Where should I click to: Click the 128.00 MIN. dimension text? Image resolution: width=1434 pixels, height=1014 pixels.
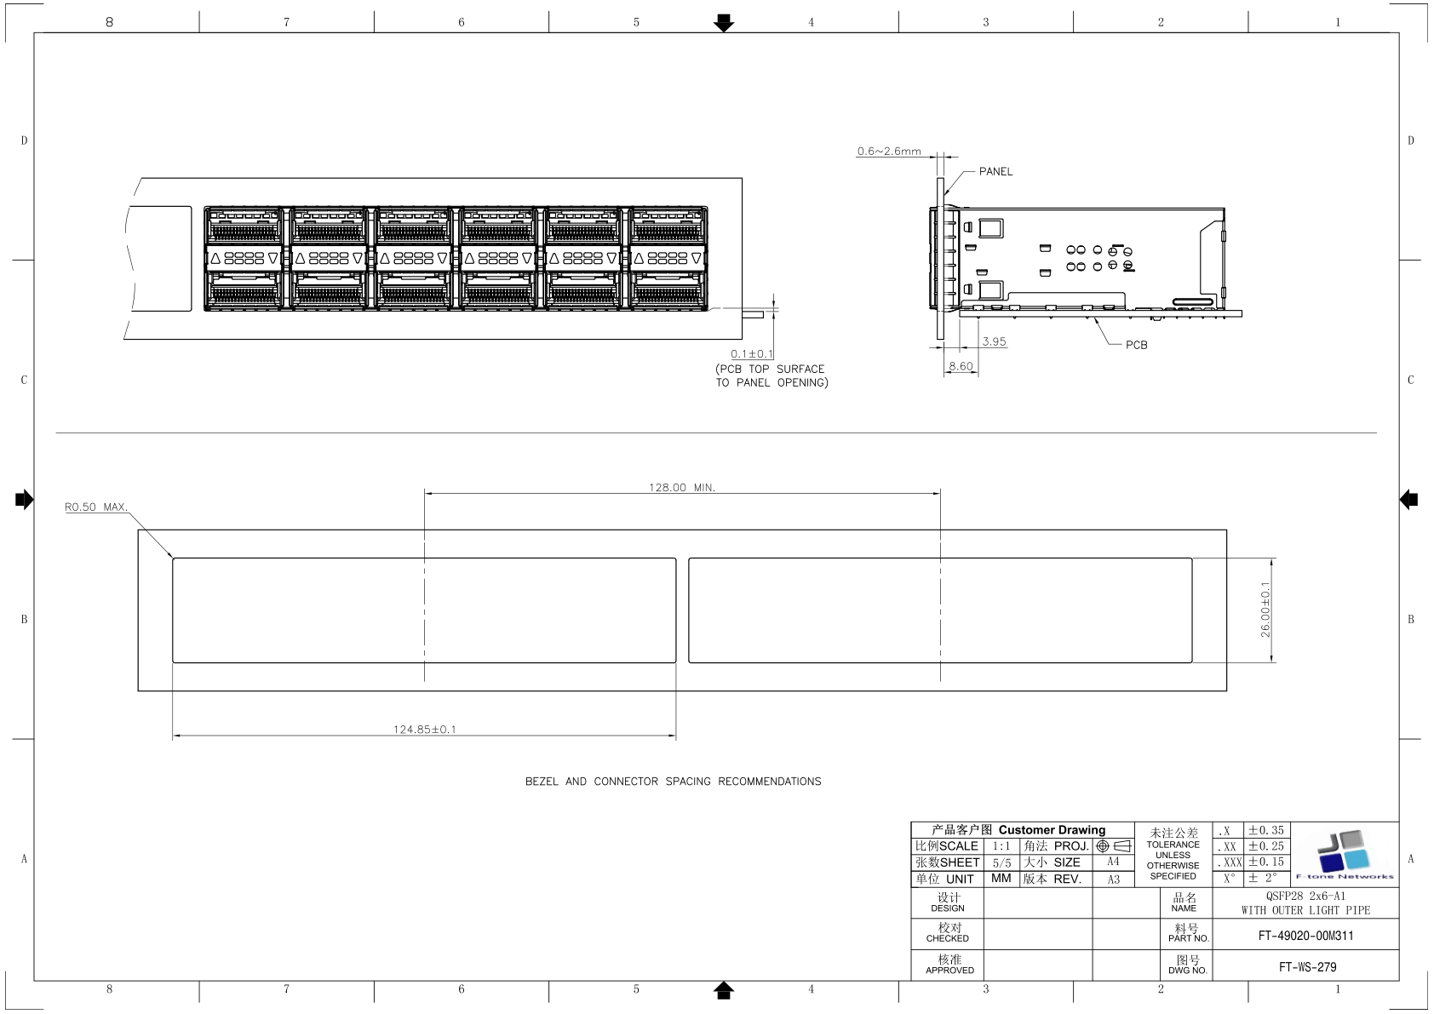[682, 488]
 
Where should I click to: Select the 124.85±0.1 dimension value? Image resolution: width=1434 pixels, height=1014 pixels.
[424, 730]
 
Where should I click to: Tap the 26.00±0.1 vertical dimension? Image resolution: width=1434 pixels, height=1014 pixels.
[1265, 610]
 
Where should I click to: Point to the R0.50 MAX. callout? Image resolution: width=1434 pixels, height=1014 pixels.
[96, 507]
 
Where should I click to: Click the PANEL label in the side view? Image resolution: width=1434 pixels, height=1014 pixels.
[995, 172]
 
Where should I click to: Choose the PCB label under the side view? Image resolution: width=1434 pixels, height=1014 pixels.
[1136, 345]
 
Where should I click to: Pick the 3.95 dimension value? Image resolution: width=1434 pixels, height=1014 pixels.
[995, 342]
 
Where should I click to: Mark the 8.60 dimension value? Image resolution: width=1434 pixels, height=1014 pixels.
[961, 366]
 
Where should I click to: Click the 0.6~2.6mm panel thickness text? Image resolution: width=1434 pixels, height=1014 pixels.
[889, 152]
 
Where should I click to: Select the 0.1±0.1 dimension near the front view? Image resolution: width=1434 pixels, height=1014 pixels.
[752, 354]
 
